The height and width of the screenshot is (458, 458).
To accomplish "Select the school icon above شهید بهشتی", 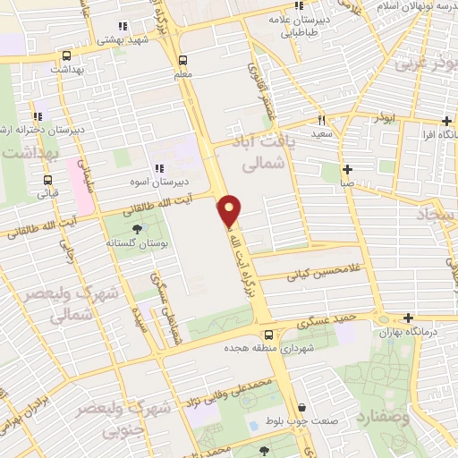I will (123, 26).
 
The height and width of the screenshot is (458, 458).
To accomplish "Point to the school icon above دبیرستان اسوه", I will (158, 167).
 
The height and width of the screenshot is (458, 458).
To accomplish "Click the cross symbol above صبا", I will (347, 169).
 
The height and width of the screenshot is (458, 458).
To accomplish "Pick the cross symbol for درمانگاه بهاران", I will (408, 318).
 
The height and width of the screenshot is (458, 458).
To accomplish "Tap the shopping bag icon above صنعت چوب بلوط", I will (301, 407).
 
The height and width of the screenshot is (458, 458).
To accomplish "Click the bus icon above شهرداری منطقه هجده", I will (279, 335).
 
